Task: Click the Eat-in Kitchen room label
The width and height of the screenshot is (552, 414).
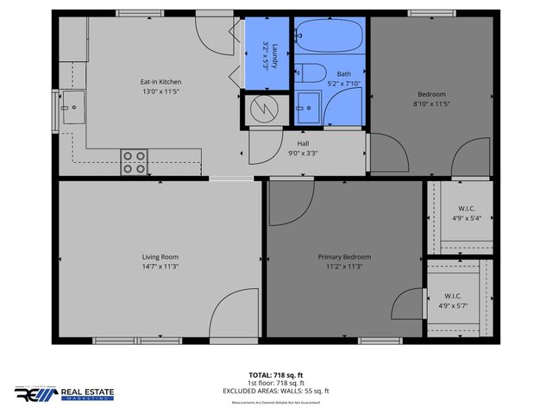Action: click(160, 82)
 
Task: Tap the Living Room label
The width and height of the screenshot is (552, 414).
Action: click(160, 256)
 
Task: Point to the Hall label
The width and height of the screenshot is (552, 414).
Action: click(303, 143)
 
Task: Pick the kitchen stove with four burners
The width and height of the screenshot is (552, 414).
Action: click(134, 162)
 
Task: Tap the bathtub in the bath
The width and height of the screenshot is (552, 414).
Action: click(330, 37)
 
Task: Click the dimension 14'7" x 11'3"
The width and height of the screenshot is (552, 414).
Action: click(160, 267)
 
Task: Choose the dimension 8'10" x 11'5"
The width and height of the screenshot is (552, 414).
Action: click(432, 103)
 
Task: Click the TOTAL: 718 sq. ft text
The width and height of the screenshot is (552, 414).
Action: click(277, 374)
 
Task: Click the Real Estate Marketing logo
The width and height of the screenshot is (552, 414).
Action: click(64, 394)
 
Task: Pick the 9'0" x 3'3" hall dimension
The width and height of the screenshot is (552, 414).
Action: click(303, 154)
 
